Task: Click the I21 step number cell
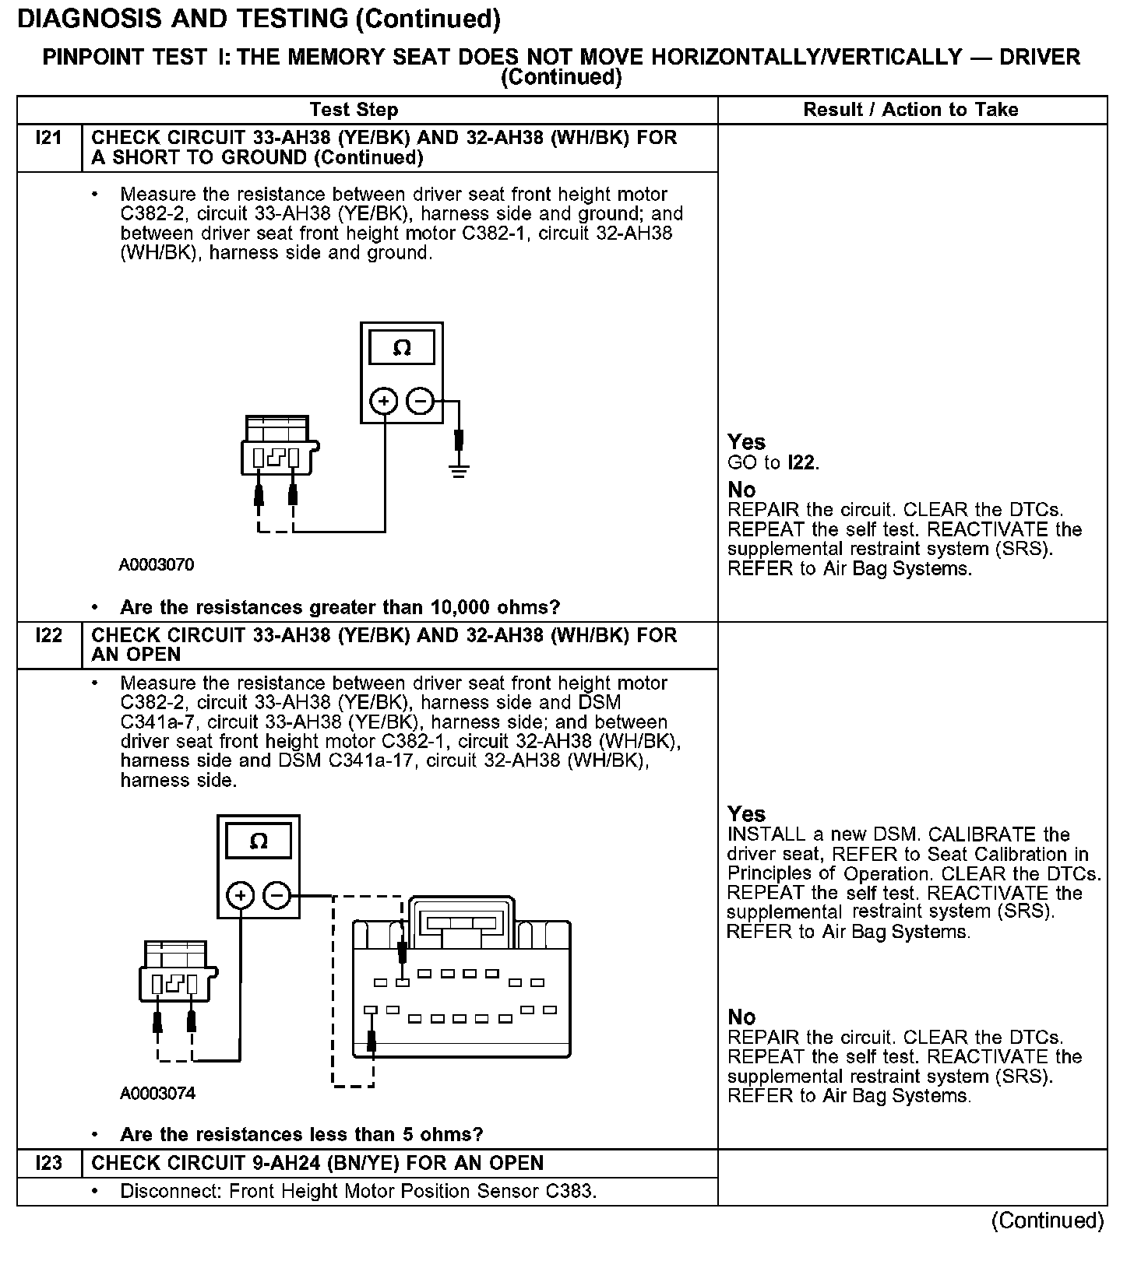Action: pyautogui.click(x=48, y=139)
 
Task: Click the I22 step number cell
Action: pyautogui.click(x=48, y=636)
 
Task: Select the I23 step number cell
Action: pyautogui.click(x=48, y=1163)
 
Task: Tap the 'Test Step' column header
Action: pyautogui.click(x=354, y=110)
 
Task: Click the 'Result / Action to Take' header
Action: pyautogui.click(x=910, y=110)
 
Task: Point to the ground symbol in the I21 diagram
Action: pyautogui.click(x=459, y=469)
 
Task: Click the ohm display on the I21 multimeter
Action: pyautogui.click(x=402, y=347)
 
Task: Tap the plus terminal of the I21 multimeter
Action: pyautogui.click(x=383, y=402)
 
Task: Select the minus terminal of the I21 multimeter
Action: pyautogui.click(x=421, y=402)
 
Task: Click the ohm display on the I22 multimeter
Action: pyautogui.click(x=259, y=841)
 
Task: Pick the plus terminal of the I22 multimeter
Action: pyautogui.click(x=241, y=896)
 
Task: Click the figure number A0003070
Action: pyautogui.click(x=157, y=565)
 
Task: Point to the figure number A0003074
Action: pyautogui.click(x=157, y=1094)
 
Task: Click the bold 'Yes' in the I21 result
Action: pyautogui.click(x=746, y=442)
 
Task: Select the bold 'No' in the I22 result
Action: pyautogui.click(x=741, y=1017)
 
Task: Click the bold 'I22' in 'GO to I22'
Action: pyautogui.click(x=801, y=463)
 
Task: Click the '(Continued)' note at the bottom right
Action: pyautogui.click(x=1048, y=1221)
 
